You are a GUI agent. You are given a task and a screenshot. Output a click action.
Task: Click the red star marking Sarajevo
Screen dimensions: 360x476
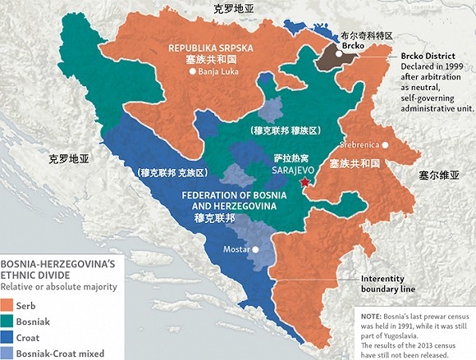305,182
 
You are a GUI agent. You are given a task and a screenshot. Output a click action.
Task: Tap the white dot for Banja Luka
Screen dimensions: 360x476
192,71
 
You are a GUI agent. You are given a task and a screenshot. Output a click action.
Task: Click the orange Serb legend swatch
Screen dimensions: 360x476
7,305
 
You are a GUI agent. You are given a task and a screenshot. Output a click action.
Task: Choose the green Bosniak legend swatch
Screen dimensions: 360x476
7,321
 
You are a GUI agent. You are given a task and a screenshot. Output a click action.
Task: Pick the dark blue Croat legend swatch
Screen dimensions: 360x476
7,337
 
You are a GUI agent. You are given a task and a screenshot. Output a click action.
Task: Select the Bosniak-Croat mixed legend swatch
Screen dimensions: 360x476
7,353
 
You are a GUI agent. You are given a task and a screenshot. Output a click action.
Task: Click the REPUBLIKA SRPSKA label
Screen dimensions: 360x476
209,48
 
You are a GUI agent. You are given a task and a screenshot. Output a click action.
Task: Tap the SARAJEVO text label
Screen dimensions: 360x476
286,171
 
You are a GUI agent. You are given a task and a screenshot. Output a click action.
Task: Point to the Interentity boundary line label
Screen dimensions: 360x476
387,284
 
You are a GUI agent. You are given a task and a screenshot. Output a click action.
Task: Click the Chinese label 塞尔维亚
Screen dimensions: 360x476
437,175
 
